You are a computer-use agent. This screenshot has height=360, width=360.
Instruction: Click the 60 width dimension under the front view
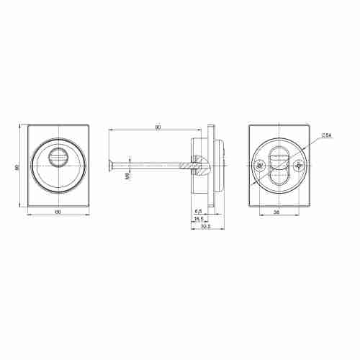point(58,210)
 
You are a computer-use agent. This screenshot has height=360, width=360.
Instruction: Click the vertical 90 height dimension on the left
point(17,168)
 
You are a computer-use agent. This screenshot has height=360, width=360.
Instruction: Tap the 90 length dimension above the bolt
point(158,127)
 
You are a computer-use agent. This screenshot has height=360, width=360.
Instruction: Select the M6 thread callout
point(127,176)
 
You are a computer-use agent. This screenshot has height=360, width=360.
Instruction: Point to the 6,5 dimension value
point(197,210)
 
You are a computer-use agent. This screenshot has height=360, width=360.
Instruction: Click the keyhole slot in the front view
point(57,156)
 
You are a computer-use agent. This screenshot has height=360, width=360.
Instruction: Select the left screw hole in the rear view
point(259,166)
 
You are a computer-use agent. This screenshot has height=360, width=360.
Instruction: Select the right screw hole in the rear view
point(299,166)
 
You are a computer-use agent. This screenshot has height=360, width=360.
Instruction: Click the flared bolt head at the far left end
point(110,166)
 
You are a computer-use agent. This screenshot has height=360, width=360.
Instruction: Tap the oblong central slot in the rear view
point(279,166)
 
